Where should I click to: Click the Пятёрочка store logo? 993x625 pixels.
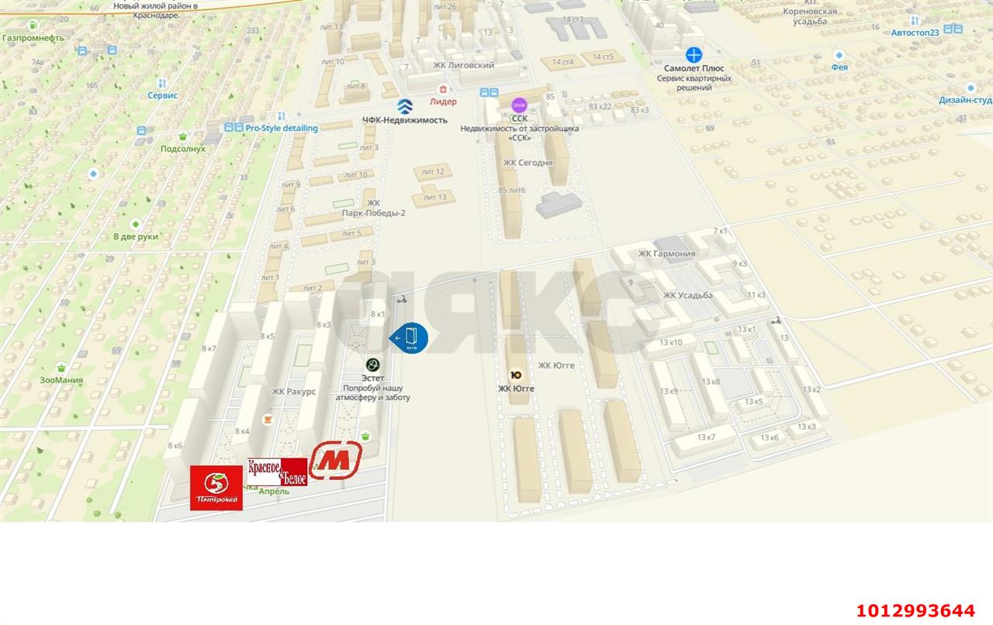216,488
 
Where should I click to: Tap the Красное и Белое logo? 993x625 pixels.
277,471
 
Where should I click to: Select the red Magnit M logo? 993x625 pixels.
336,460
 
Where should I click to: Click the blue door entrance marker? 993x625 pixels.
410,337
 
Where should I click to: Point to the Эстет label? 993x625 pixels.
373,378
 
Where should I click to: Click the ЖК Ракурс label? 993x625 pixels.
293,392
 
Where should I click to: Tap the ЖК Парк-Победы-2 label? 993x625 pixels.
373,208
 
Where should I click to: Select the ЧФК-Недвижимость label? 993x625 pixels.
404,120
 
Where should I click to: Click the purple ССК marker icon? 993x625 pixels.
519,105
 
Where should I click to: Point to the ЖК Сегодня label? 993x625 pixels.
528,163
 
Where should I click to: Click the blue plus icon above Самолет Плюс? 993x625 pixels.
694,54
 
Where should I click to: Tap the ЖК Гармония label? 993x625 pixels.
666,254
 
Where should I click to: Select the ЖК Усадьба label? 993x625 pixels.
687,295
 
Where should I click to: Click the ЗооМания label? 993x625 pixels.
61,380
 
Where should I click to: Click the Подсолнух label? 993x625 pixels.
182,148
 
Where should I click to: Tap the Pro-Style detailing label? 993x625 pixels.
281,128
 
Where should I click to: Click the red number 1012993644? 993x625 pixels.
915,610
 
